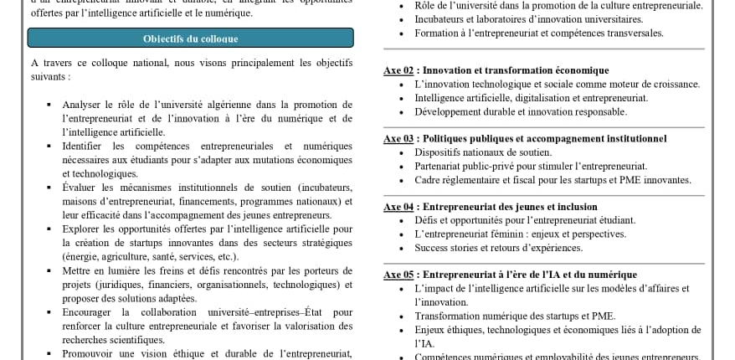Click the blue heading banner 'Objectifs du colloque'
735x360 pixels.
(x=190, y=39)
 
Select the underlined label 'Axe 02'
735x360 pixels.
(x=398, y=70)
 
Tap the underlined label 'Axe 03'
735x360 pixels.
(x=398, y=138)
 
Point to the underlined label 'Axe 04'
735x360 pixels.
(x=398, y=206)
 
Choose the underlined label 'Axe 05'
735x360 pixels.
(x=398, y=274)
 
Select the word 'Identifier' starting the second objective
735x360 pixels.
(x=82, y=146)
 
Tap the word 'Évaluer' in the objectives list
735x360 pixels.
(x=79, y=187)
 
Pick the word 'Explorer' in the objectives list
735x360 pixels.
(x=80, y=229)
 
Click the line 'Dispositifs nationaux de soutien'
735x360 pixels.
(x=483, y=152)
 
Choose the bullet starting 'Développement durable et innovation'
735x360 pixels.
(x=520, y=111)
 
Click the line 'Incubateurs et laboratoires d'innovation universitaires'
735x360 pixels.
(x=528, y=19)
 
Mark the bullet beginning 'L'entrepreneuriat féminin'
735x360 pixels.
(x=520, y=234)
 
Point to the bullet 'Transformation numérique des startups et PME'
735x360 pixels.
(x=514, y=316)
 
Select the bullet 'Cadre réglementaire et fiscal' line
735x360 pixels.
(x=553, y=180)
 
